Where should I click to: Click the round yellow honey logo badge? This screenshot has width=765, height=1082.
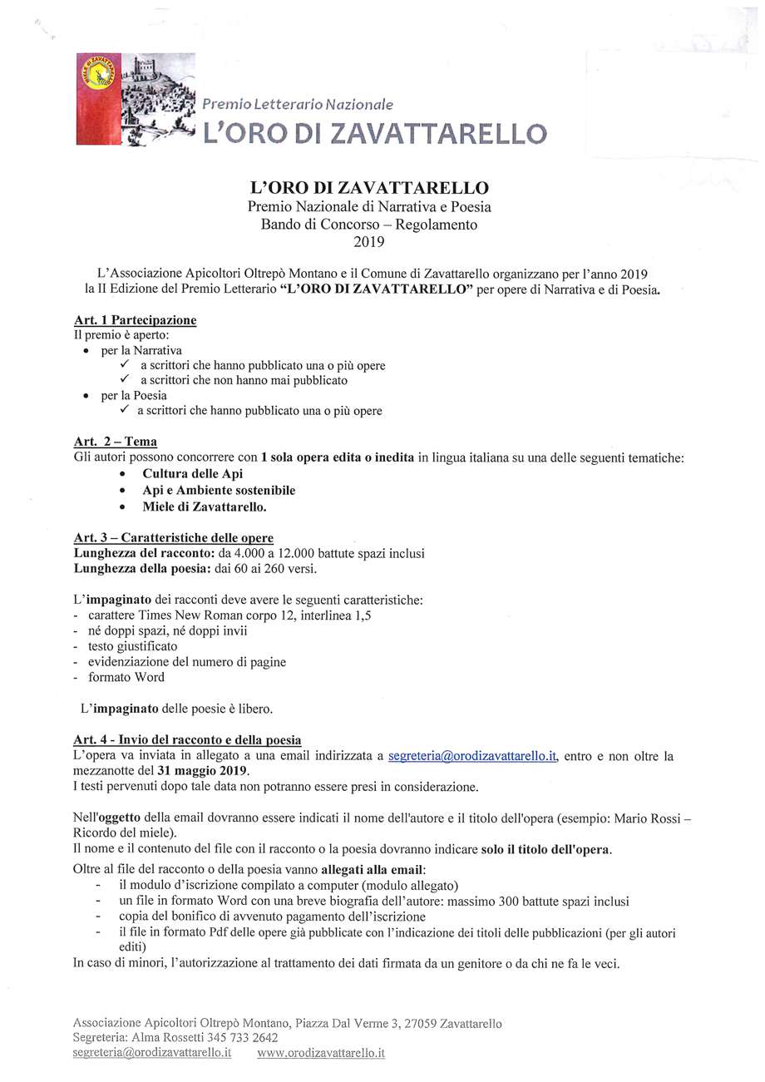(99, 76)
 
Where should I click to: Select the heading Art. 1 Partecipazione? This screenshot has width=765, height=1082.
(135, 320)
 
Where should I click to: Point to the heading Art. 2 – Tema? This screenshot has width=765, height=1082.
(115, 442)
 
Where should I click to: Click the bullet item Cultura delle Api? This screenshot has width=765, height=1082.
(193, 473)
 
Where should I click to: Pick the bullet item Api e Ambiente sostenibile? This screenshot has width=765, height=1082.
(219, 490)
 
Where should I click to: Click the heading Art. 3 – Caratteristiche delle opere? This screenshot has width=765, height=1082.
(173, 538)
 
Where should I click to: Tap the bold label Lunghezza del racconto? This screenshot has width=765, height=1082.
(144, 554)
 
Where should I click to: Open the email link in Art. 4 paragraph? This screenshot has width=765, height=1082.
(472, 756)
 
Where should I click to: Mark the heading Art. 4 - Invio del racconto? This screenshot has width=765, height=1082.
(187, 739)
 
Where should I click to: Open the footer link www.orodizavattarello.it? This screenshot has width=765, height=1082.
(321, 1054)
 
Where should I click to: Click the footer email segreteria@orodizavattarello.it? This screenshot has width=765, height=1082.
(152, 1054)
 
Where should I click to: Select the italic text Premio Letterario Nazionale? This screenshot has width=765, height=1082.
(299, 105)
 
